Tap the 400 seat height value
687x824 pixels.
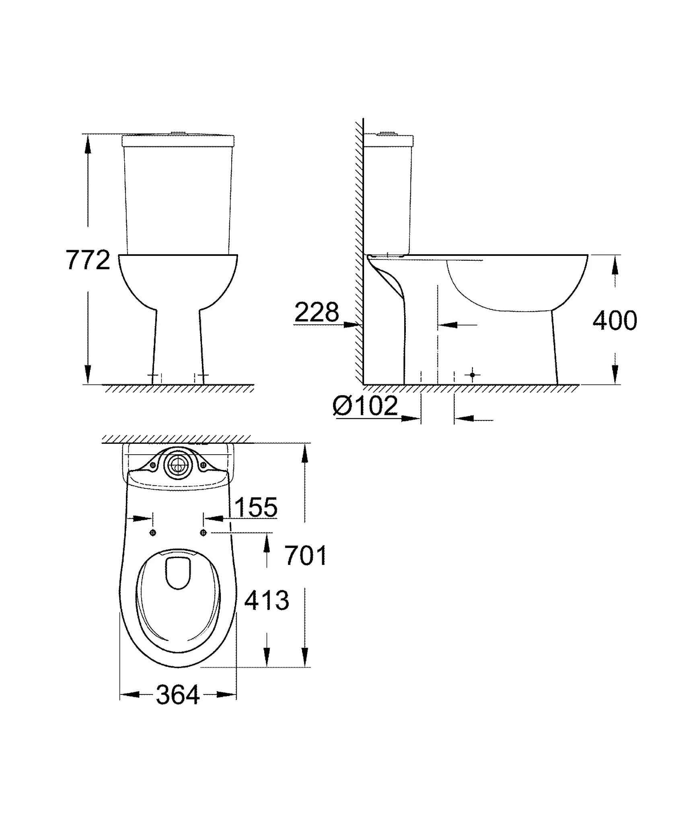[x=615, y=320]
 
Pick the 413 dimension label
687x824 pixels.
[x=267, y=601]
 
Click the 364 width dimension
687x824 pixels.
[x=177, y=695]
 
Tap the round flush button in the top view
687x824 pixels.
[x=177, y=466]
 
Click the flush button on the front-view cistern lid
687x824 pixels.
[x=177, y=133]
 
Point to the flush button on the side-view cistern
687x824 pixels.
[x=387, y=133]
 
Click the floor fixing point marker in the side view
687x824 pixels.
[x=473, y=375]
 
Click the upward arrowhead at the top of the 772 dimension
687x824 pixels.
[x=88, y=144]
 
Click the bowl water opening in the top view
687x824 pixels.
[x=178, y=573]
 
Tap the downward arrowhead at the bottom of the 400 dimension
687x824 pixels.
[x=615, y=374]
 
